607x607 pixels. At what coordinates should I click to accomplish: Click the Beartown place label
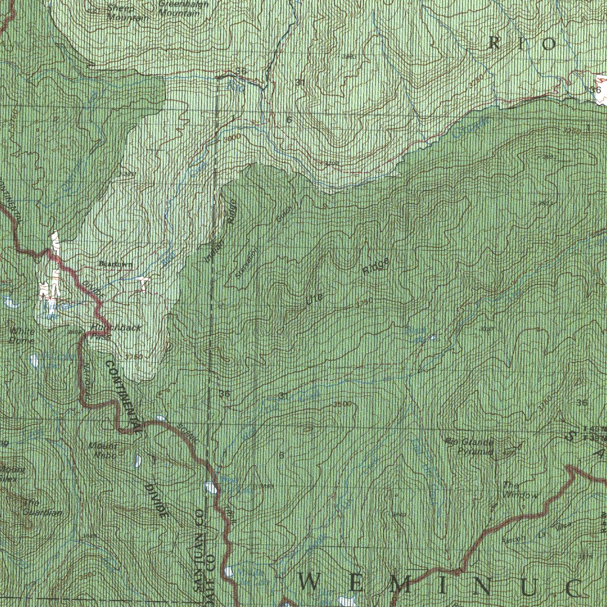click(x=116, y=264)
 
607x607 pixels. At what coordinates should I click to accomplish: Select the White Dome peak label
click(x=22, y=336)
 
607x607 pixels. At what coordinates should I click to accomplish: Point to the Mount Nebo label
click(x=103, y=451)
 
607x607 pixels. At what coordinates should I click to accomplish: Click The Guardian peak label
click(x=41, y=507)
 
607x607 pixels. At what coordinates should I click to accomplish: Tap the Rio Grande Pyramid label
click(x=469, y=446)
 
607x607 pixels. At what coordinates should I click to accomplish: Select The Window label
click(x=520, y=490)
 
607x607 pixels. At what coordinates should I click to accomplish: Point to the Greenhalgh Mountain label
click(x=183, y=8)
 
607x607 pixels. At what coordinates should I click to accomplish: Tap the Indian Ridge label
click(x=220, y=231)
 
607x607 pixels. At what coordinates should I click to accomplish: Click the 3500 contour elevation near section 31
click(x=342, y=404)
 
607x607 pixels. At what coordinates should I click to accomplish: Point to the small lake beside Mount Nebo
click(x=138, y=460)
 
